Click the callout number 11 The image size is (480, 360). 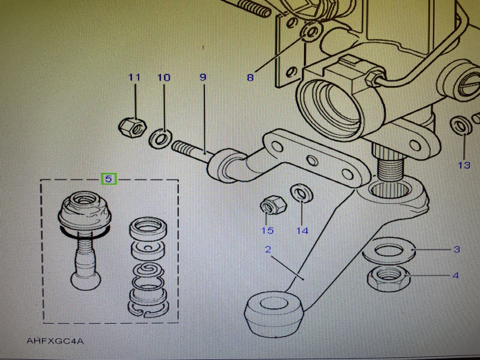[x=134, y=77]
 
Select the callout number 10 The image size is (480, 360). [x=164, y=78]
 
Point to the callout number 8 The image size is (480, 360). [x=250, y=78]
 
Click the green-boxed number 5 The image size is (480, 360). [x=109, y=179]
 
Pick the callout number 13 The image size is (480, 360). [x=464, y=165]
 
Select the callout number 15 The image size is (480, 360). [x=267, y=230]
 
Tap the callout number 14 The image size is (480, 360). [x=302, y=231]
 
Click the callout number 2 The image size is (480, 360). [x=268, y=249]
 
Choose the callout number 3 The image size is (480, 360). [x=457, y=249]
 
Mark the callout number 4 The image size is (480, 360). [x=455, y=275]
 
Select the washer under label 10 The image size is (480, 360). [x=161, y=138]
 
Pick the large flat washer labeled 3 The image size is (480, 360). [x=389, y=250]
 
